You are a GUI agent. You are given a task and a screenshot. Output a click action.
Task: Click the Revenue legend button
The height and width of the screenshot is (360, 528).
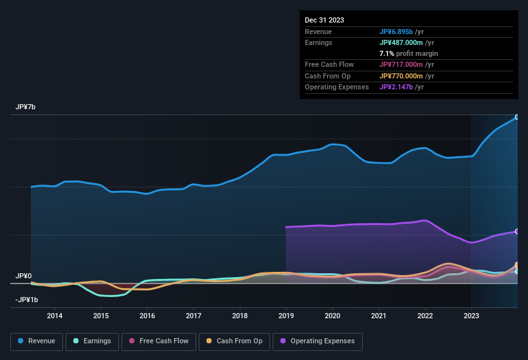click(37, 341)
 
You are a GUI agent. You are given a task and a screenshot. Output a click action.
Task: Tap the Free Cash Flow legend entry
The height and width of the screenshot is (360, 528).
click(159, 341)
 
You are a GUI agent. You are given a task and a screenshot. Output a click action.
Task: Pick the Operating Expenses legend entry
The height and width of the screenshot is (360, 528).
click(318, 341)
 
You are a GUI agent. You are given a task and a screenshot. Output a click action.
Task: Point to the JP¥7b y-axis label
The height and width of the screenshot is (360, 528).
click(26, 107)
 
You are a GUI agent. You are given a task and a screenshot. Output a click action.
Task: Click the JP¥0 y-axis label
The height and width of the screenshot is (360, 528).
click(24, 276)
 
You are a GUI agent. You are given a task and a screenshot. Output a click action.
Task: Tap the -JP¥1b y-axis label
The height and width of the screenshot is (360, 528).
click(26, 300)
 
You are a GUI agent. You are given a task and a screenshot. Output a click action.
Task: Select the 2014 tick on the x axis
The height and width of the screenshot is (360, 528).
click(55, 316)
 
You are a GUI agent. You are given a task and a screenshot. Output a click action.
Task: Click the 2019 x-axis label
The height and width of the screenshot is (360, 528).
click(286, 316)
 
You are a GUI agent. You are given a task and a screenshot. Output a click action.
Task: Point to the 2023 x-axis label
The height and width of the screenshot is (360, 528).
click(471, 316)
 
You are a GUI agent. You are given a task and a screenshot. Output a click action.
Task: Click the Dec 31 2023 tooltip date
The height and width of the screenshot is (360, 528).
click(324, 20)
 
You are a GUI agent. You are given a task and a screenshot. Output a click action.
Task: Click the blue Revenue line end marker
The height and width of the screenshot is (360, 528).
click(516, 117)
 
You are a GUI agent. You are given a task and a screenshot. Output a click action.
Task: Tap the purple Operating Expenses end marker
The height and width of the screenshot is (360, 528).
click(516, 231)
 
